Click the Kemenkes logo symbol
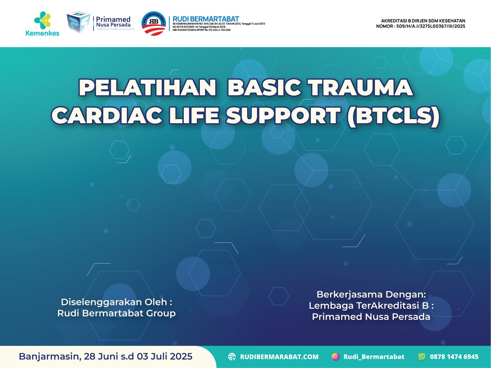point(42,20)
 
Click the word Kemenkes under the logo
point(42,33)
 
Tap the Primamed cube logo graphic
point(78,22)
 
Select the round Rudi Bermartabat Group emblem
point(154,23)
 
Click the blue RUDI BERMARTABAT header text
point(206,19)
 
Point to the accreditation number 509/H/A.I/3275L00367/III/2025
point(431,26)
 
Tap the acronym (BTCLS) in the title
point(393,116)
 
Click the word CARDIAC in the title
point(107,116)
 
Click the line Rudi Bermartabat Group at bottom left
point(116,313)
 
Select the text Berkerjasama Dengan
point(371,294)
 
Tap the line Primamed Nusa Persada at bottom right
point(371,316)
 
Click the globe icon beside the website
point(232,357)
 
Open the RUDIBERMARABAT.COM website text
point(279,357)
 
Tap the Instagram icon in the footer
point(335,357)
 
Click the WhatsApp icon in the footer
point(422,357)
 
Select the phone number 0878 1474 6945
point(454,357)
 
